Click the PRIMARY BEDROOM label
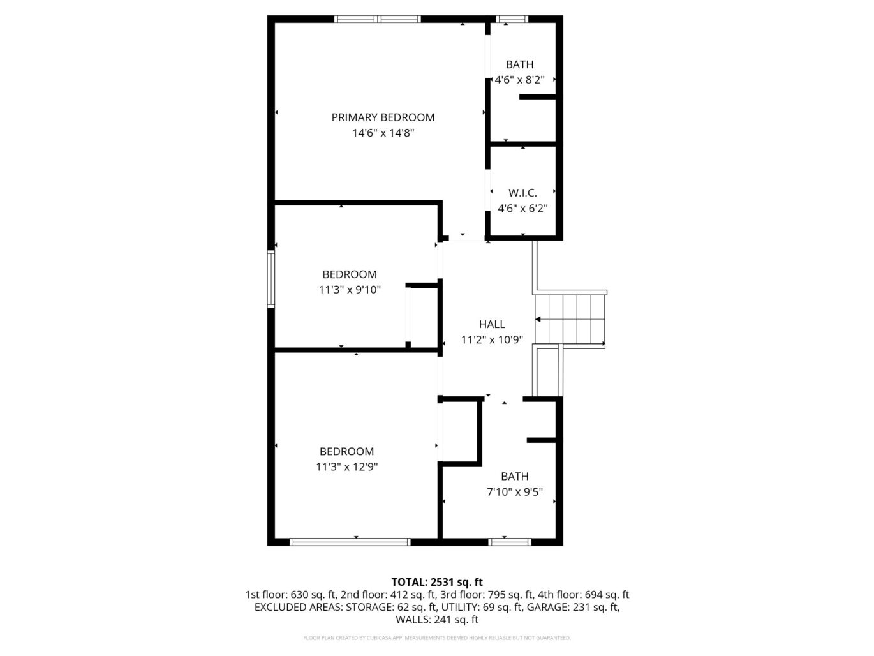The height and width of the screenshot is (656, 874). tap(383, 117)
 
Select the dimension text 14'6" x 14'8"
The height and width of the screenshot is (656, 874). tap(383, 133)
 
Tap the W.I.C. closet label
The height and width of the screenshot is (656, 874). tap(522, 193)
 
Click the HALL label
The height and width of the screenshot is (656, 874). tap(492, 324)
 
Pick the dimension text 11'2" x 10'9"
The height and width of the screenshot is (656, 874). tap(492, 340)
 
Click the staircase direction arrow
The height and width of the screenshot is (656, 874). tap(538, 319)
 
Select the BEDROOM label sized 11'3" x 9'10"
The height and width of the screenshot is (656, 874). tap(349, 274)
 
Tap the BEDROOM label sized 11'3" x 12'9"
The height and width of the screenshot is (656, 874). tap(346, 451)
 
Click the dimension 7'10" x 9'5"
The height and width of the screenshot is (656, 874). tap(514, 492)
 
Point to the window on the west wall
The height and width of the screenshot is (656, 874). tap(270, 279)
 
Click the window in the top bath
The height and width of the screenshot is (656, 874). tap(512, 19)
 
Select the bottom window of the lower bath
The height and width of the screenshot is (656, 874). tap(509, 542)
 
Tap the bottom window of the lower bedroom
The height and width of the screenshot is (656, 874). tap(350, 542)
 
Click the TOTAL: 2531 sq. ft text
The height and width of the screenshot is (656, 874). tap(437, 582)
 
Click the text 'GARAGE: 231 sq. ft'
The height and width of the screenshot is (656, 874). tap(572, 607)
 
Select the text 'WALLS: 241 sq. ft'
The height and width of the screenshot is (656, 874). tap(437, 620)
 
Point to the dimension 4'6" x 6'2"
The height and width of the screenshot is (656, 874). tap(522, 208)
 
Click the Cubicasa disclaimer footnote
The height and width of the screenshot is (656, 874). tap(437, 637)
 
